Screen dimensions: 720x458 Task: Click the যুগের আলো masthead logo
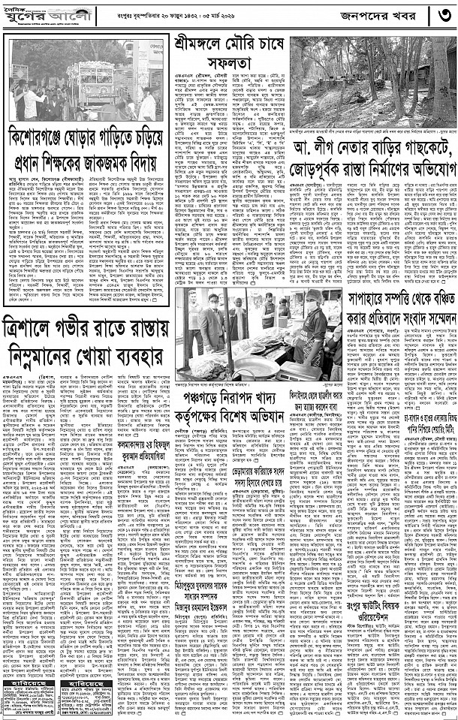pyautogui.click(x=34, y=15)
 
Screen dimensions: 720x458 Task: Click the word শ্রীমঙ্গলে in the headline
pyautogui.click(x=203, y=40)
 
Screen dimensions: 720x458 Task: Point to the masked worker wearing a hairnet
pyautogui.click(x=312, y=316)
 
